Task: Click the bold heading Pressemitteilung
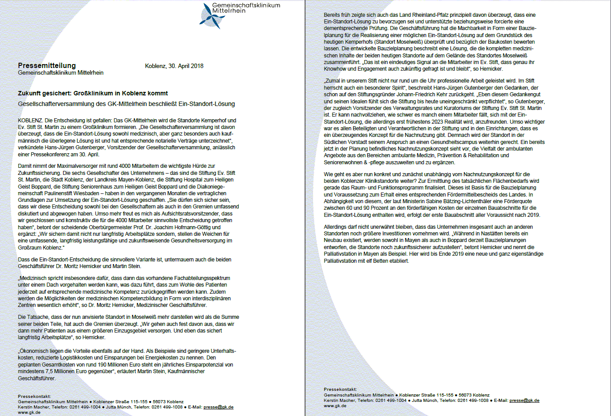[47, 65]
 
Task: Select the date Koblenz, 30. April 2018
[174, 66]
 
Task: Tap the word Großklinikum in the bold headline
[93, 93]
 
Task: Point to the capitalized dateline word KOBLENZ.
[30, 120]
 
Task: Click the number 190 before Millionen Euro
[102, 365]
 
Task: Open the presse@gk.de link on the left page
[218, 407]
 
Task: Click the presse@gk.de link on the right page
[524, 401]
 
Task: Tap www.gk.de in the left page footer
[29, 412]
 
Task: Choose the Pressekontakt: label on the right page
[340, 390]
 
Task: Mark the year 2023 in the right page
[425, 122]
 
